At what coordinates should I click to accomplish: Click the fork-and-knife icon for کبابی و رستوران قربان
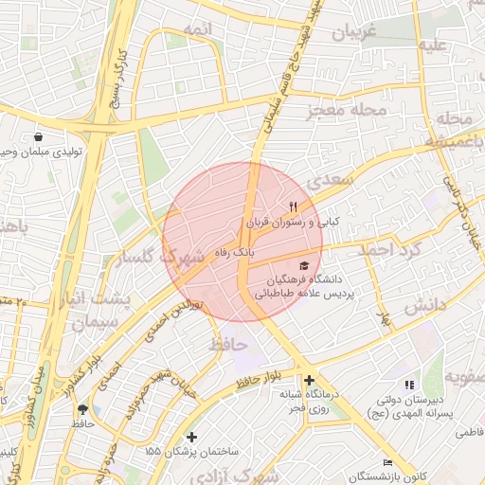pos(294,207)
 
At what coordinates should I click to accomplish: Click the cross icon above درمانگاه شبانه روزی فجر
pos(310,380)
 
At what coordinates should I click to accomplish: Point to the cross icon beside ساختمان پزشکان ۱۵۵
pos(192,437)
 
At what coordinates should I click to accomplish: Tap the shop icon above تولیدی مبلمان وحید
pos(37,137)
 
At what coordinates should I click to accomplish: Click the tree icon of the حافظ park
pos(82,409)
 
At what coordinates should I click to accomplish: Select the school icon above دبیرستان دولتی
pos(409,385)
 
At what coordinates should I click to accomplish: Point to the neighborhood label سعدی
pos(337,178)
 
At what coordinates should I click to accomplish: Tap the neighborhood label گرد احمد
pos(387,249)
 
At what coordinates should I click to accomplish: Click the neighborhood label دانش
pos(425,305)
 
